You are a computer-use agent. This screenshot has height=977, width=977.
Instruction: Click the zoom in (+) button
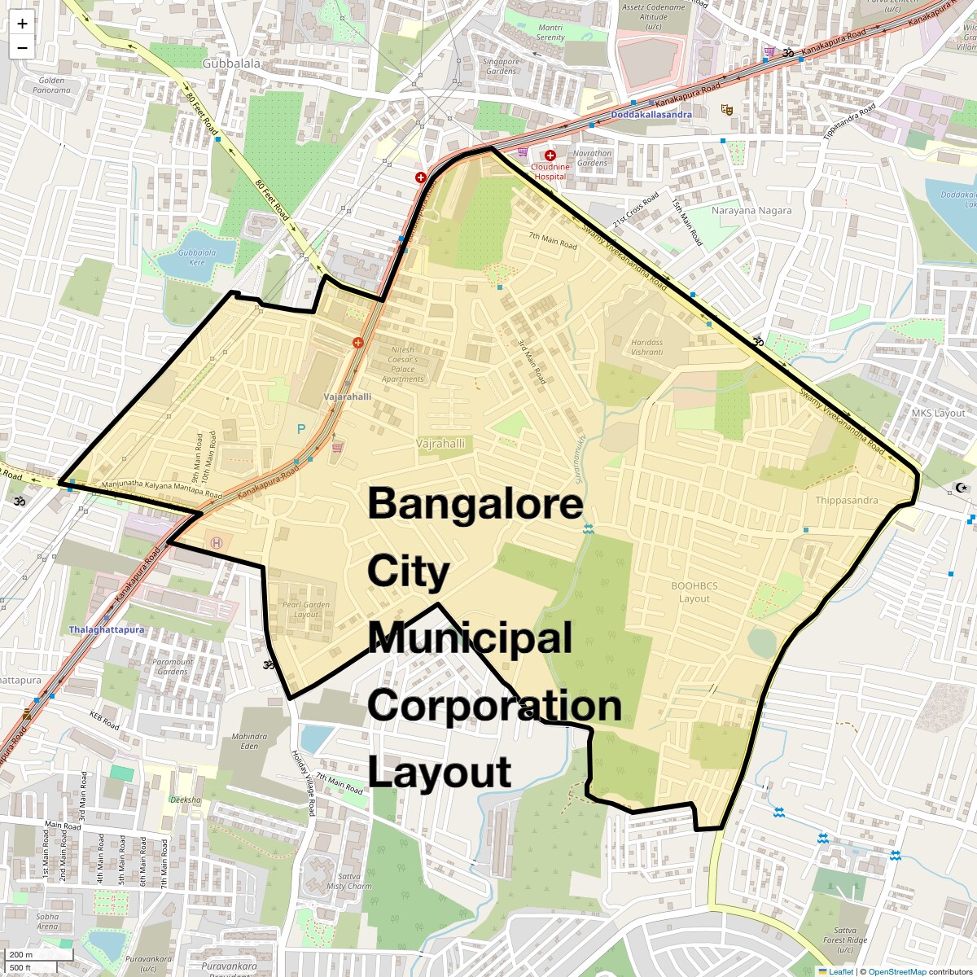[x=22, y=24]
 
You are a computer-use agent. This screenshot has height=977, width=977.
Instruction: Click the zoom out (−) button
[x=22, y=47]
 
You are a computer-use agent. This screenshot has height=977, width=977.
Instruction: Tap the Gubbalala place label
[x=231, y=64]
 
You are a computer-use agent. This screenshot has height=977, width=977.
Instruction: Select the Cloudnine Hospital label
[x=550, y=171]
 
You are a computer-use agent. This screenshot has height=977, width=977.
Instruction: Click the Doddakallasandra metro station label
[x=651, y=115]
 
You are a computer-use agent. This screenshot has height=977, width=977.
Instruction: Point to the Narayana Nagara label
[x=751, y=210]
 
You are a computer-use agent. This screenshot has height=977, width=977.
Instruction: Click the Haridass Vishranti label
[x=646, y=347]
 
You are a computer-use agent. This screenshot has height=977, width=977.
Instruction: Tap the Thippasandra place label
[x=847, y=500]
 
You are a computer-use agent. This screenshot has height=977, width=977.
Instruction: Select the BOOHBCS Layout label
[x=694, y=592]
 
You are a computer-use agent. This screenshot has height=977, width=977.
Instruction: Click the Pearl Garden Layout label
[x=306, y=609]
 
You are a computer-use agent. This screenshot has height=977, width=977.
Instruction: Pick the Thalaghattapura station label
[x=106, y=629]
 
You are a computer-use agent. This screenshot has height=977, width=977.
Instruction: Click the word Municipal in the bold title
[x=470, y=638]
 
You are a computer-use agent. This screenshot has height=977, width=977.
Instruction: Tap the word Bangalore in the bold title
[x=475, y=504]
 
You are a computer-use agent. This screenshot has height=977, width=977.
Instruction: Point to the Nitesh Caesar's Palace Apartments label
[x=402, y=364]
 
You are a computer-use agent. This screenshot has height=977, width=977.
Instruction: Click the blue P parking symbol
[x=301, y=428]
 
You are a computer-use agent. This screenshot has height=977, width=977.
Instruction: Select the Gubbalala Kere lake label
[x=197, y=257]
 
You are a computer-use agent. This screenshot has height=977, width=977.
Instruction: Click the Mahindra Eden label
[x=249, y=741]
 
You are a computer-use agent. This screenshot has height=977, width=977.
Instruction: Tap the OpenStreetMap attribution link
[x=896, y=971]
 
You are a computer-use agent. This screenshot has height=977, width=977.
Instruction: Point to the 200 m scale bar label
[x=22, y=954]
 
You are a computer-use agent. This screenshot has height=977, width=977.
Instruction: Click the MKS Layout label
[x=938, y=413]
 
